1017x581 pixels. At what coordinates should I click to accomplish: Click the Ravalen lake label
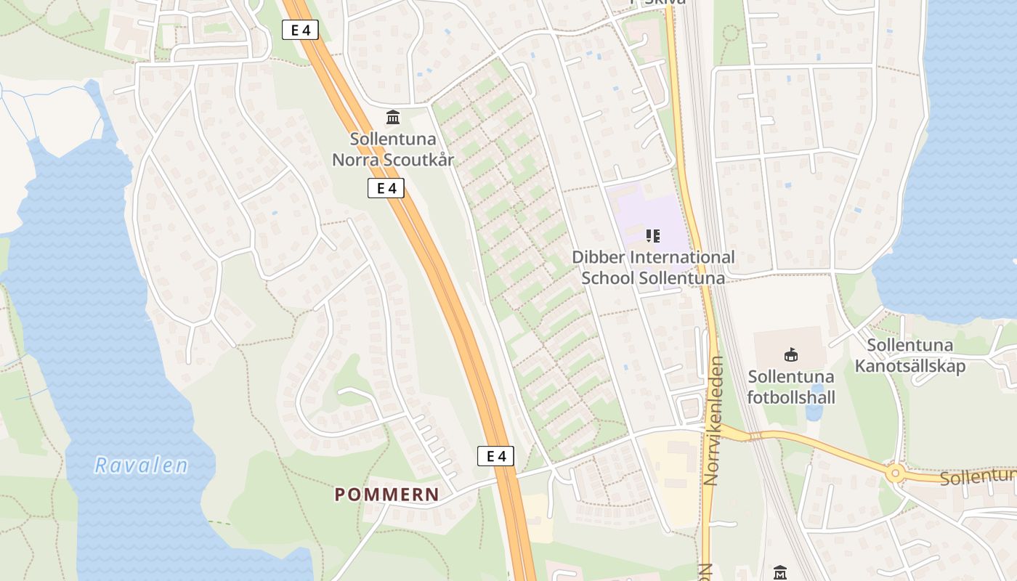(x=141, y=466)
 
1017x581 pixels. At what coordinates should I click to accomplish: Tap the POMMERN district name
(x=386, y=495)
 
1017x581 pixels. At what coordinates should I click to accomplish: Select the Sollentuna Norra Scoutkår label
(x=393, y=149)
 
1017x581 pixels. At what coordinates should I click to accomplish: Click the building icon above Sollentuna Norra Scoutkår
(x=393, y=117)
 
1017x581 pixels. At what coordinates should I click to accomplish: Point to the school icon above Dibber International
(x=652, y=235)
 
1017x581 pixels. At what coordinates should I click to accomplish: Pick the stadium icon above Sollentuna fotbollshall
(x=791, y=354)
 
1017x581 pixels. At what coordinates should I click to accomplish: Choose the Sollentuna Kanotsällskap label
(x=910, y=356)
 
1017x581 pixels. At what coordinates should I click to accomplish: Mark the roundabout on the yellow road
(x=895, y=474)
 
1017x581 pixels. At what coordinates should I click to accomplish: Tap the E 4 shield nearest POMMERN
(x=495, y=456)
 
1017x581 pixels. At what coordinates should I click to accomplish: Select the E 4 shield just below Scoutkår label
(x=385, y=188)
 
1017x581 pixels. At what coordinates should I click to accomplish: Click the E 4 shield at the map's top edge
(x=300, y=30)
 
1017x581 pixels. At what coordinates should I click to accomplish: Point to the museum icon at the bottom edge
(x=780, y=572)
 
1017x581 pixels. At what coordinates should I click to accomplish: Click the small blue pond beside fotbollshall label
(x=814, y=412)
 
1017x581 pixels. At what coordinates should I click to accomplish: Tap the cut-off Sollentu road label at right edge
(x=977, y=477)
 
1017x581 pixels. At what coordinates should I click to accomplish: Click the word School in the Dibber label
(x=608, y=278)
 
